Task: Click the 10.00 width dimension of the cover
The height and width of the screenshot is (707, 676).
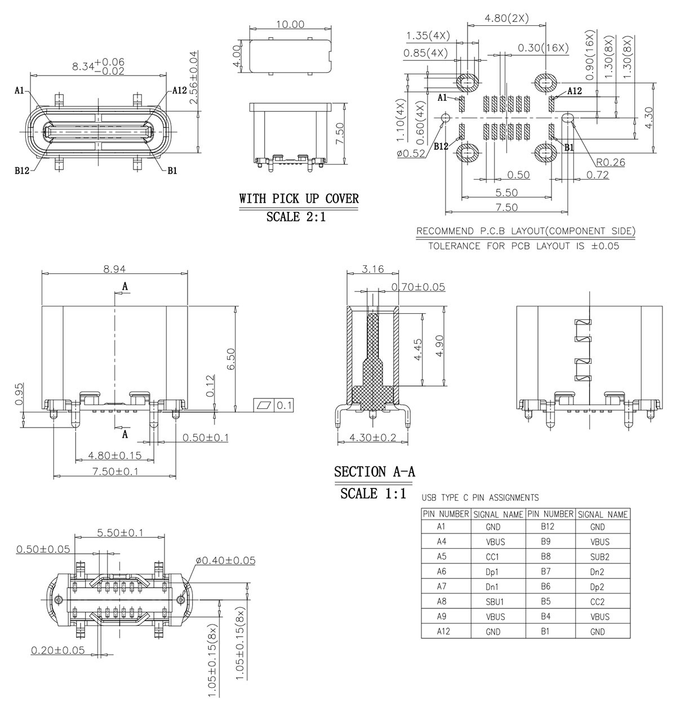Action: (x=290, y=25)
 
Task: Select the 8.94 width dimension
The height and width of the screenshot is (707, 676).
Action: (x=114, y=269)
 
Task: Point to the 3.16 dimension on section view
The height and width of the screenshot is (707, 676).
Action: (x=372, y=269)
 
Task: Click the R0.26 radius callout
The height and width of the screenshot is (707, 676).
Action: (x=611, y=163)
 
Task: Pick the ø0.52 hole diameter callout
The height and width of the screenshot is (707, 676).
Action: (x=411, y=153)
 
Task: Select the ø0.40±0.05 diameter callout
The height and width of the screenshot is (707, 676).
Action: (x=226, y=561)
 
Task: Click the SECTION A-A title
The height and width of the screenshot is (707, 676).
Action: (x=375, y=472)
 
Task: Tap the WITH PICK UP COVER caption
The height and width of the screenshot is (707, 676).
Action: (x=299, y=199)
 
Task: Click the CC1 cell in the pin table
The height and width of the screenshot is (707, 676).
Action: (x=492, y=557)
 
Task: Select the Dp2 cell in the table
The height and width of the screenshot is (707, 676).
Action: (x=598, y=587)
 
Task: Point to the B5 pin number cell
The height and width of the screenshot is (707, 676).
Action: (x=545, y=602)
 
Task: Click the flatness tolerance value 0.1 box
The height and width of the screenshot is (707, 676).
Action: (x=284, y=405)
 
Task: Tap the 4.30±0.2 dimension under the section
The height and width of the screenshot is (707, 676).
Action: (x=372, y=437)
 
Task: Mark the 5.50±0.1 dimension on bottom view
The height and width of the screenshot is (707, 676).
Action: (x=120, y=532)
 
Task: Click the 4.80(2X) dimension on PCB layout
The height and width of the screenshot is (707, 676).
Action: (x=506, y=18)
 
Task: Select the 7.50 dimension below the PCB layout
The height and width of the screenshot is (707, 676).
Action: (x=506, y=207)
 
